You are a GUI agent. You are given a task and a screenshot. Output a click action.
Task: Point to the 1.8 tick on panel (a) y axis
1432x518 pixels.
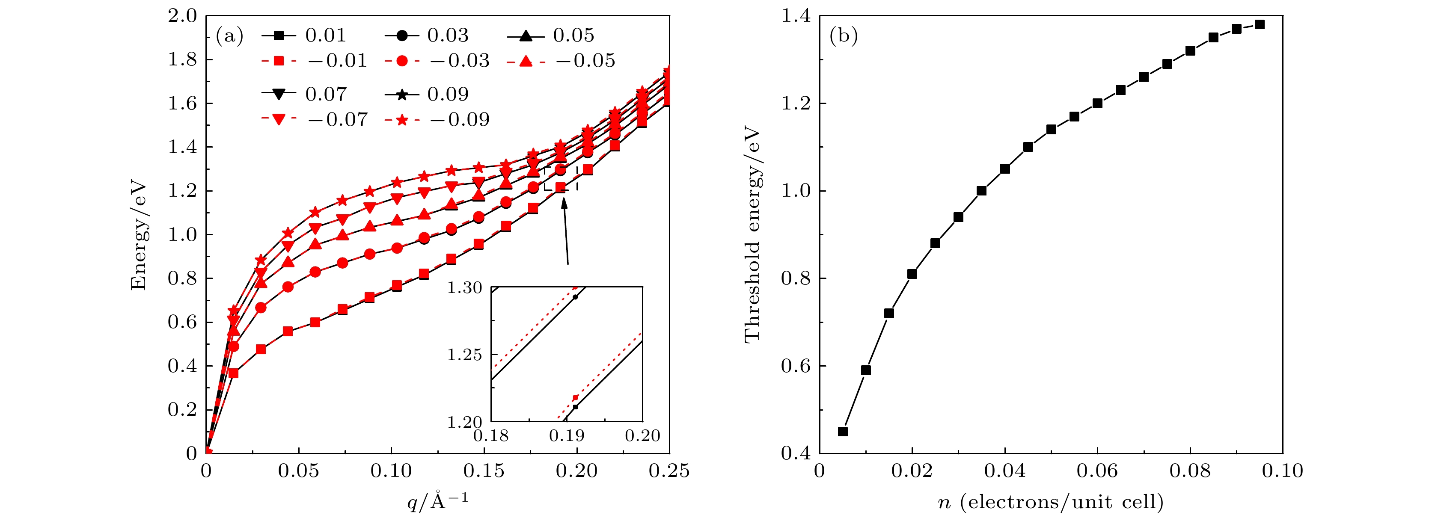click(x=183, y=60)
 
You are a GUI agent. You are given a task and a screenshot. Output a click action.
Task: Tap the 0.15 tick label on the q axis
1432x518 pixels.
click(x=484, y=471)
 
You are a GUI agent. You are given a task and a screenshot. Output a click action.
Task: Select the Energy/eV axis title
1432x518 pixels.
click(x=138, y=234)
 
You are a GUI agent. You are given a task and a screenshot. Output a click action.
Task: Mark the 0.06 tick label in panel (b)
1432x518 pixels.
click(x=1097, y=471)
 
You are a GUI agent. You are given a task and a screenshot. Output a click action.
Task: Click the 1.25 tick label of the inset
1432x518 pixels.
click(x=465, y=355)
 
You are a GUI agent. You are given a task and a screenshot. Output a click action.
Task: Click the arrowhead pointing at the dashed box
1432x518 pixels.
click(x=564, y=203)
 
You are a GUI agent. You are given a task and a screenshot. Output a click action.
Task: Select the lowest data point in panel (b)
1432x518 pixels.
click(x=843, y=431)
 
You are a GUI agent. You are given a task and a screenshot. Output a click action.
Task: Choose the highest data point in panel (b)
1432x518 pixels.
click(x=1260, y=24)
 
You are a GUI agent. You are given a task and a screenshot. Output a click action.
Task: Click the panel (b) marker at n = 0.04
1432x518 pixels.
click(x=1005, y=169)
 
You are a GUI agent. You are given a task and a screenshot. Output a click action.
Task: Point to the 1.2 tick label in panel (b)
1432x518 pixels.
click(x=796, y=104)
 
